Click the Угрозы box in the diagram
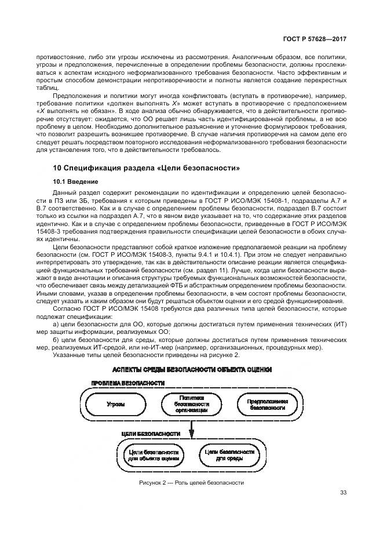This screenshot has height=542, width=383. pyautogui.click(x=115, y=403)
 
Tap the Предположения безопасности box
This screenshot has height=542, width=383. pyautogui.click(x=267, y=403)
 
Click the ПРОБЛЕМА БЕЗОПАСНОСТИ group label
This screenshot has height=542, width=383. pyautogui.click(x=127, y=383)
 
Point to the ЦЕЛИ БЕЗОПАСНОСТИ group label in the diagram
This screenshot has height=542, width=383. pyautogui.click(x=150, y=434)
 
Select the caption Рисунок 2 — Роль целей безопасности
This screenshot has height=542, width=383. pyautogui.click(x=192, y=482)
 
